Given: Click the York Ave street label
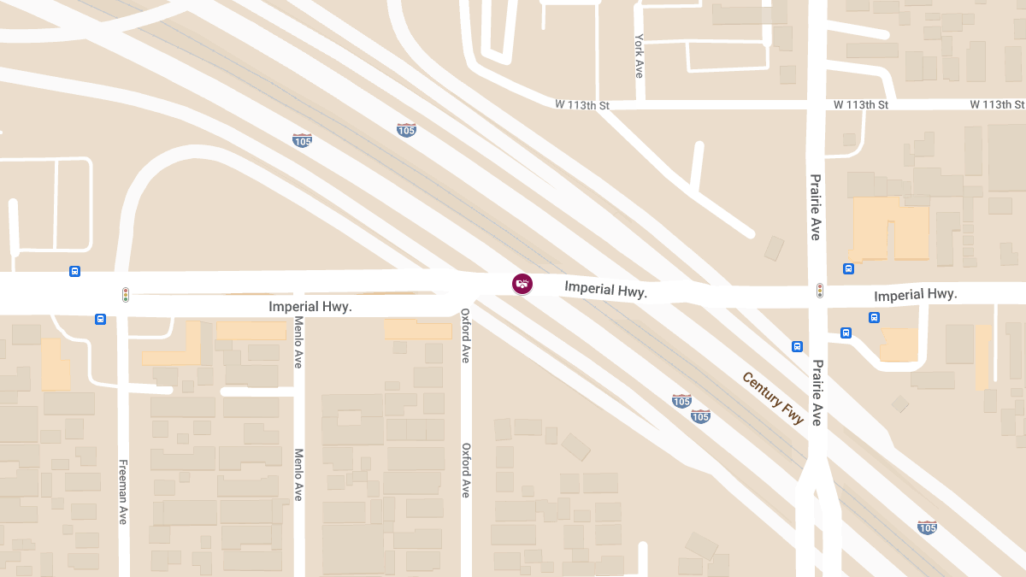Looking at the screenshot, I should pyautogui.click(x=639, y=56).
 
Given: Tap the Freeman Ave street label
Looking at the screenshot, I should pyautogui.click(x=123, y=492).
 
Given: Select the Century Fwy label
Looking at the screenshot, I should pyautogui.click(x=773, y=398).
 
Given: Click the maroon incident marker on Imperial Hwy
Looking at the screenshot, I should pyautogui.click(x=522, y=284).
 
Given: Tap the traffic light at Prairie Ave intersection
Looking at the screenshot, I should pyautogui.click(x=820, y=291).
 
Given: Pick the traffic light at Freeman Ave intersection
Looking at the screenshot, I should pyautogui.click(x=126, y=295).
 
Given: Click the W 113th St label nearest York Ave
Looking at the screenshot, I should pyautogui.click(x=581, y=105).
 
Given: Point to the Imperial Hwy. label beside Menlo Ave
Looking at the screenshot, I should pyautogui.click(x=310, y=306).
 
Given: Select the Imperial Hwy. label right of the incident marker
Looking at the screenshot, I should pyautogui.click(x=605, y=290).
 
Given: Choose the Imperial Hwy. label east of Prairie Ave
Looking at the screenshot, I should pyautogui.click(x=915, y=295).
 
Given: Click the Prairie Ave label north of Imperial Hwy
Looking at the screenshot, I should pyautogui.click(x=815, y=207).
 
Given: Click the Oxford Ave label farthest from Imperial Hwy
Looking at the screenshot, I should pyautogui.click(x=466, y=470).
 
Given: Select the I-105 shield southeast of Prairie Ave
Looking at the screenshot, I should pyautogui.click(x=927, y=527).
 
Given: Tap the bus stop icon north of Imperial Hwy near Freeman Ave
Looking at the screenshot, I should pyautogui.click(x=75, y=272).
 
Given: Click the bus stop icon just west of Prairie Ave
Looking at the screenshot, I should pyautogui.click(x=797, y=346).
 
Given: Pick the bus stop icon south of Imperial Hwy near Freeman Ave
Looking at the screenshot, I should pyautogui.click(x=101, y=320).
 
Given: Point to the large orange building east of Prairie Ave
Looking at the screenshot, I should pyautogui.click(x=891, y=228).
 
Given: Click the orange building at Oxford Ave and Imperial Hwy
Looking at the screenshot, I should pyautogui.click(x=418, y=329).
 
